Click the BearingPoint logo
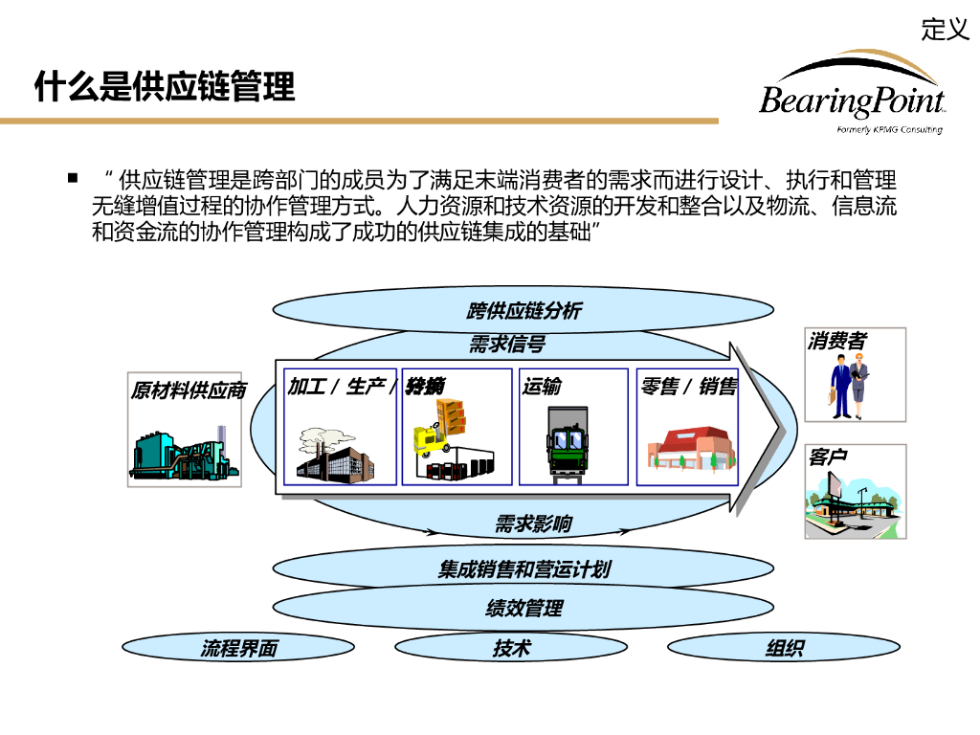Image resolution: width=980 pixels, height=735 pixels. pyautogui.click(x=852, y=96)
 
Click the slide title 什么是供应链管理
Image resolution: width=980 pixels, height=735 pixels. pyautogui.click(x=164, y=87)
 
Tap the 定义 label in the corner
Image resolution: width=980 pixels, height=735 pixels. pyautogui.click(x=945, y=30)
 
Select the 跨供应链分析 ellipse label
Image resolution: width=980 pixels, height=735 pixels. pyautogui.click(x=523, y=310)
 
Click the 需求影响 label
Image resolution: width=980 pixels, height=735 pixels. pyautogui.click(x=533, y=523)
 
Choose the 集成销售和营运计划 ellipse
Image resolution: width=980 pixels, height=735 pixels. pyautogui.click(x=523, y=569)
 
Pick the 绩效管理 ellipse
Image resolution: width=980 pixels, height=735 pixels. pyautogui.click(x=523, y=608)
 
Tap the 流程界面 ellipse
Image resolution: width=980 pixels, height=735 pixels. pyautogui.click(x=238, y=648)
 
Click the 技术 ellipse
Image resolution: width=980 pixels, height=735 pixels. pyautogui.click(x=511, y=648)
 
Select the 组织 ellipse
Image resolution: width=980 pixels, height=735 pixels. pyautogui.click(x=784, y=648)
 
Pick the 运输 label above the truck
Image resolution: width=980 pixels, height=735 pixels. pyautogui.click(x=542, y=387)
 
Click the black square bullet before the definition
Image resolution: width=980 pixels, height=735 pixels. pyautogui.click(x=72, y=178)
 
